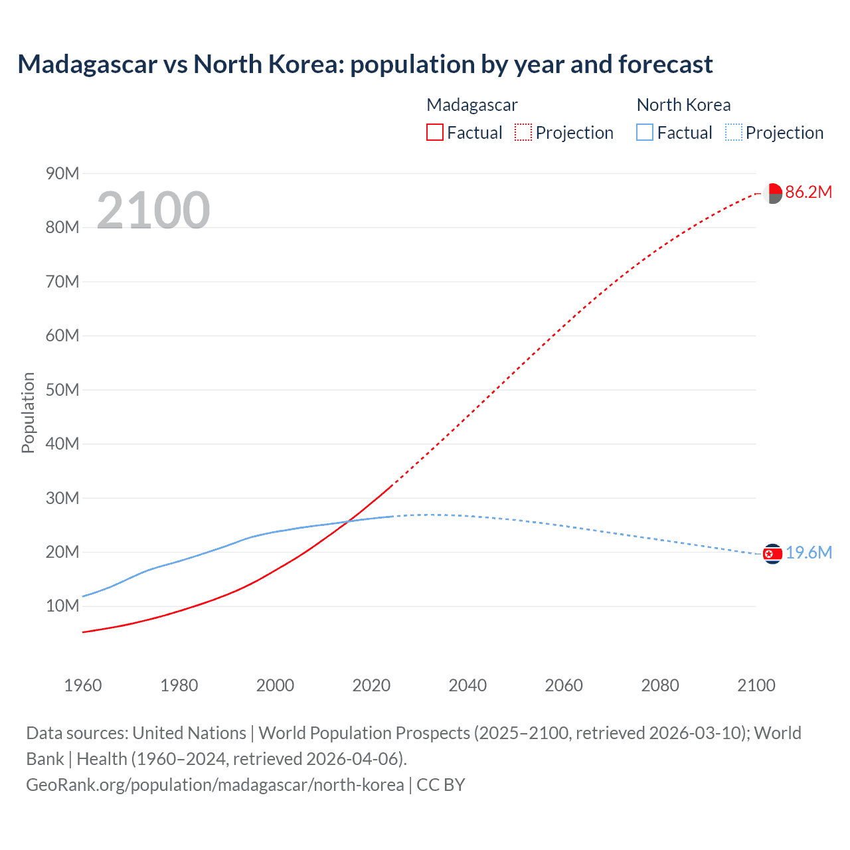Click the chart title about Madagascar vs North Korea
(365, 64)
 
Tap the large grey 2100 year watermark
(153, 210)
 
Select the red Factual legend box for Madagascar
(434, 132)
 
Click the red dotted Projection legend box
(523, 132)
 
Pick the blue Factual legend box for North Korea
(645, 132)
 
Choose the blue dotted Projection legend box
(733, 132)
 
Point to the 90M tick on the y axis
(62, 173)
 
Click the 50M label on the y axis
(62, 390)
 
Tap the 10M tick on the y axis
(62, 606)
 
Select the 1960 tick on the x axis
(83, 685)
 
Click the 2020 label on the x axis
(371, 685)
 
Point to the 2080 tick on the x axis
(660, 685)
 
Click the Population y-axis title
(28, 412)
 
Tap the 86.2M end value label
(808, 193)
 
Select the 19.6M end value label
(808, 553)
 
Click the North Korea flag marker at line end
(772, 554)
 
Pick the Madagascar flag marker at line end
(772, 193)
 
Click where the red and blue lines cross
(347, 521)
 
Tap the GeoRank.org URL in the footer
(214, 785)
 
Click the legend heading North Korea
(683, 105)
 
